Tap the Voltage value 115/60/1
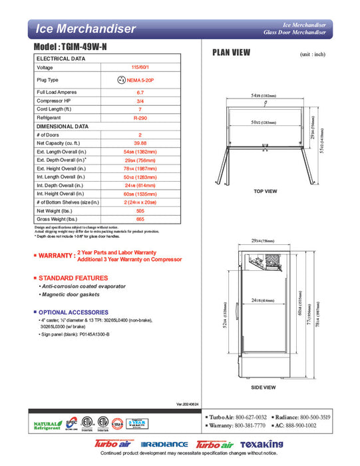140,68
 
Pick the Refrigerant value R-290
140,118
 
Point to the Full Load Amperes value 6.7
140,92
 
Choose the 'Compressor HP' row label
54,101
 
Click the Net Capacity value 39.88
140,143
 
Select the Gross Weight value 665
140,219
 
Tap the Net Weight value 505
140,210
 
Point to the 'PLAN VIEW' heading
231,53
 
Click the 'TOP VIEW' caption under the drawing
265,191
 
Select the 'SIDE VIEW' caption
264,387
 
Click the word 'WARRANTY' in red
56,256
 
